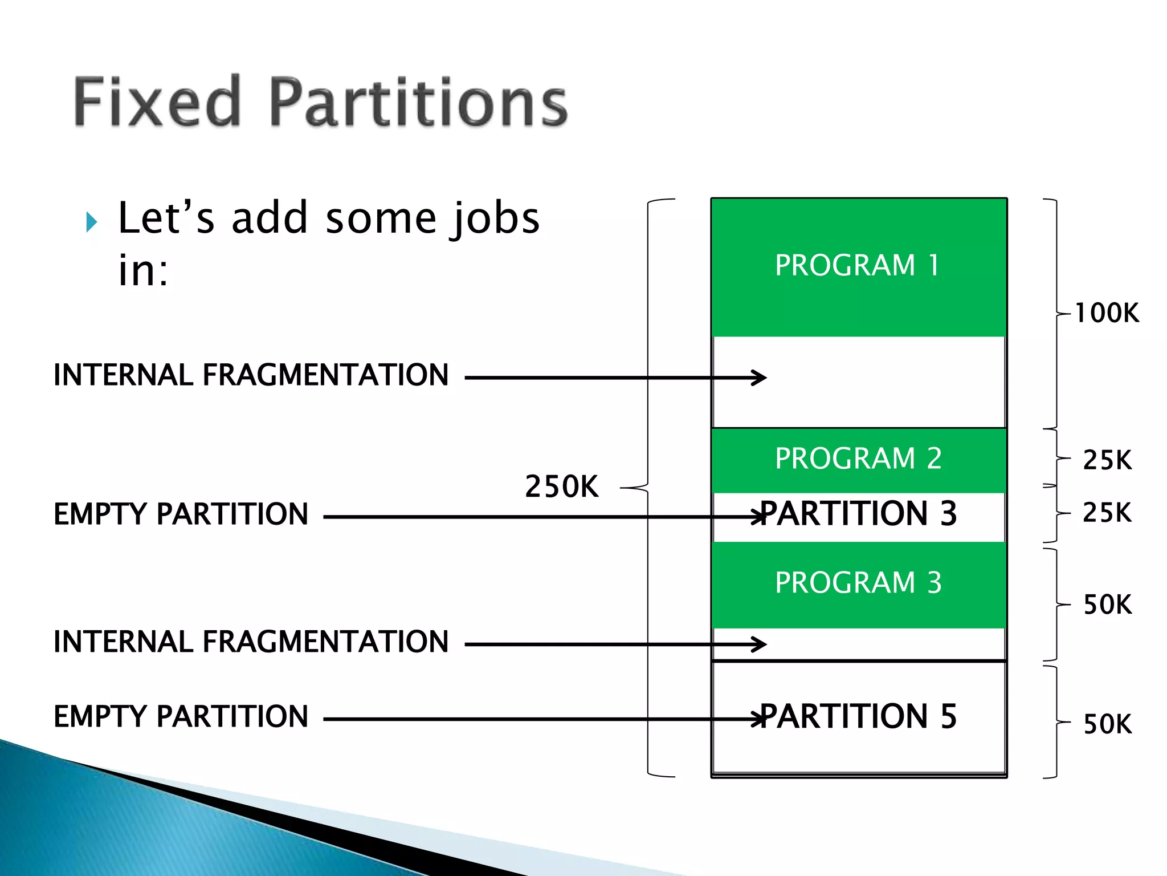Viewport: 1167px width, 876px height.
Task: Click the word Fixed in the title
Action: [157, 102]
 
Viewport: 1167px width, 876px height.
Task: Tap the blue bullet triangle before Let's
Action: [91, 221]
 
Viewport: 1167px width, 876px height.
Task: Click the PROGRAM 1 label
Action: [857, 265]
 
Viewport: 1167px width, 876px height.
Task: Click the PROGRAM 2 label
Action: [858, 459]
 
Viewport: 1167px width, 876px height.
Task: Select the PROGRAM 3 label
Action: [858, 583]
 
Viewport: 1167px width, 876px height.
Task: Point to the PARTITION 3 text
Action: [858, 513]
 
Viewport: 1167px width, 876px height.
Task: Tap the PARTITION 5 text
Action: [858, 716]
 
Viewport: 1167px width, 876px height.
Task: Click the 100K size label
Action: [1107, 313]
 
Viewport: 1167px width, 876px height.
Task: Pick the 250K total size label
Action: [561, 486]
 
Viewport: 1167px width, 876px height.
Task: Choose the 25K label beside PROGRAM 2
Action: [1107, 460]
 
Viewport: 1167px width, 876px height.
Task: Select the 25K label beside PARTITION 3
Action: [1107, 513]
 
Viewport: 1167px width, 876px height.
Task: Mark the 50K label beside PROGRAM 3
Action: [1107, 605]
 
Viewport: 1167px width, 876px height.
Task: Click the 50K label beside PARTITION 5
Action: [1107, 724]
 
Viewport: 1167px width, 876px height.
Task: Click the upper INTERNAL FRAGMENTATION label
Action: [251, 375]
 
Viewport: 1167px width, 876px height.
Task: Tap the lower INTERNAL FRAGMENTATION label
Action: [251, 642]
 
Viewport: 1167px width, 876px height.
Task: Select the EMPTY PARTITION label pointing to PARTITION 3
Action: [181, 514]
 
